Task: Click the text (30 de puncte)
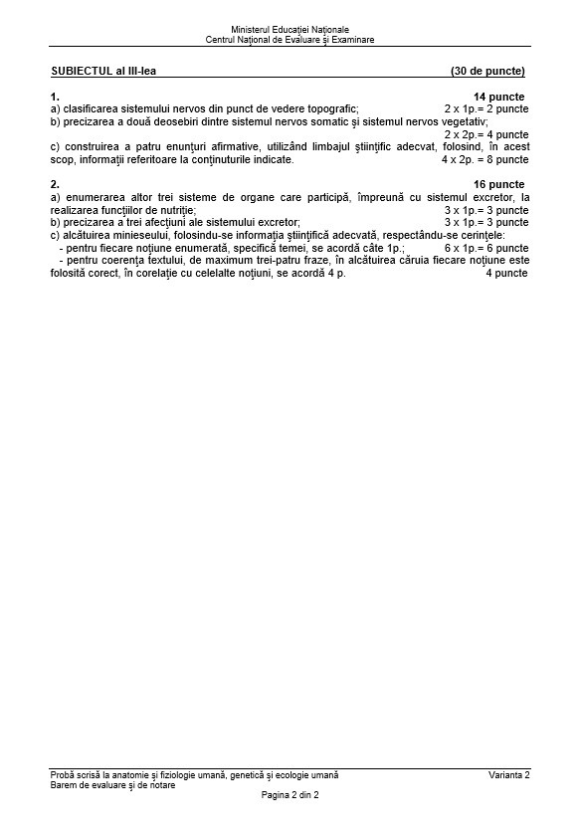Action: [487, 72]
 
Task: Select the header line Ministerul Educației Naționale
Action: [290, 31]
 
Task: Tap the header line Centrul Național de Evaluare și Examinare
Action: [290, 41]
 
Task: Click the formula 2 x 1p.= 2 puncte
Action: [486, 108]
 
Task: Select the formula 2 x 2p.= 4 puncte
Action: [486, 134]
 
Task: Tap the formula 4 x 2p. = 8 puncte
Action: [485, 159]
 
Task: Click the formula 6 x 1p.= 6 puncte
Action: [486, 248]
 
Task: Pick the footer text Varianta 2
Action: [509, 775]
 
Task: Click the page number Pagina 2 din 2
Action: [290, 795]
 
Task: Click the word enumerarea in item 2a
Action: [90, 198]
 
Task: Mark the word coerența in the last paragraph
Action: [132, 261]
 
